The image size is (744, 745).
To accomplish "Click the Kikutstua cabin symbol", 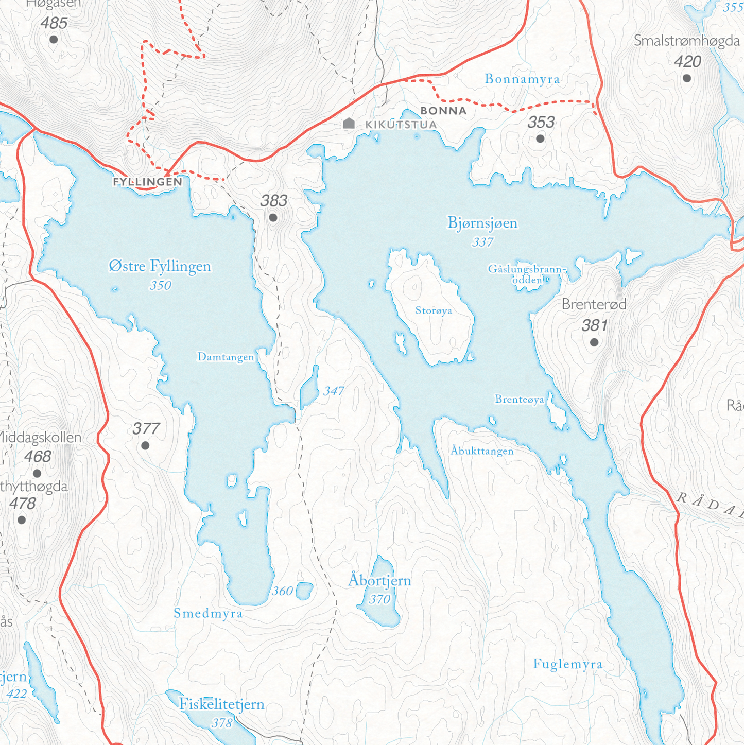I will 349,123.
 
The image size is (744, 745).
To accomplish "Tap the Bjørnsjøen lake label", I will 482,223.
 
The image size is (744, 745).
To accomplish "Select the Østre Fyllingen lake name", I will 160,267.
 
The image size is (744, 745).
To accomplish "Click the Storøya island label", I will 434,311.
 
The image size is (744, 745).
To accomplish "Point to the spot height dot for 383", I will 273,218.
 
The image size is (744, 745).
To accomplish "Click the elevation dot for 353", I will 540,138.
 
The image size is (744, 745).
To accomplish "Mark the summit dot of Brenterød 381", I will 594,342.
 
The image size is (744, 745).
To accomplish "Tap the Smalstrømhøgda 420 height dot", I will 687,78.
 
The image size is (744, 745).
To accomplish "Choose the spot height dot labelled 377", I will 145,446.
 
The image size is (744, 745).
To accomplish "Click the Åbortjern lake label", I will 380,581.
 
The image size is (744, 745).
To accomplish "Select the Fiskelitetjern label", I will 222,704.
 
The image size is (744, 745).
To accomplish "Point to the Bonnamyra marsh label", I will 522,79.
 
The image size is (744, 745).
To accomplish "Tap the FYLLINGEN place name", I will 148,182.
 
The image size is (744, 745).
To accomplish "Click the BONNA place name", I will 443,111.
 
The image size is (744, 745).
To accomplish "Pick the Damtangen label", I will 226,357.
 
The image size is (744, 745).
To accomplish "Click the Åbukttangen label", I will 482,452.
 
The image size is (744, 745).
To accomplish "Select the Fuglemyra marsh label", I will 568,664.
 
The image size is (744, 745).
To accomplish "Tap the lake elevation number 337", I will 482,242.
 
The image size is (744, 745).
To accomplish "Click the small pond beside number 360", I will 304,591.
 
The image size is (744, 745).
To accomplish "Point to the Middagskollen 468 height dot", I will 37,473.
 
